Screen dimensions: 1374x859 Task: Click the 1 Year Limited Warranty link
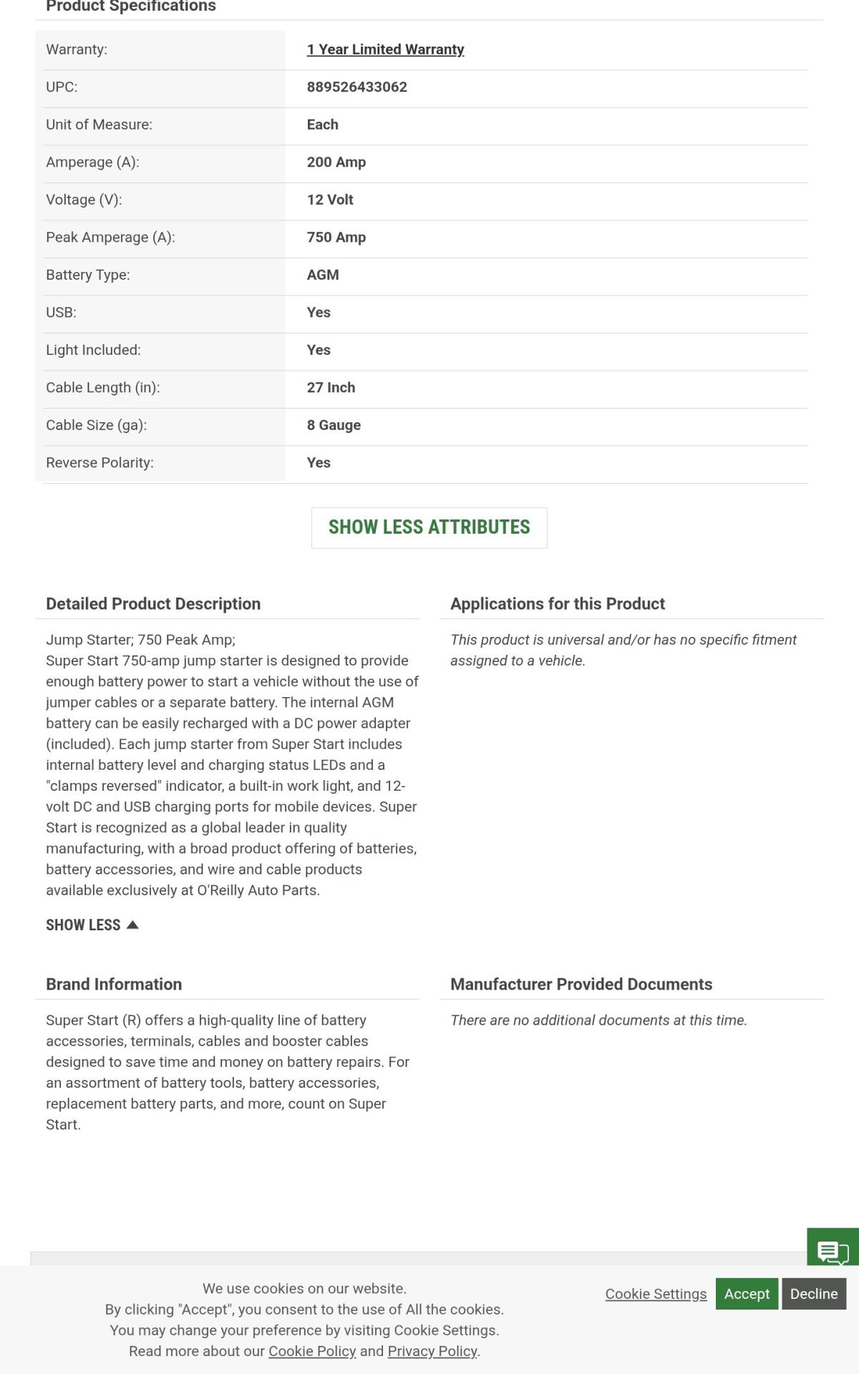tap(385, 49)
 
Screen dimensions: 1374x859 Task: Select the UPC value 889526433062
tap(356, 87)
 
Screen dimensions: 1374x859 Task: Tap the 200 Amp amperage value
tap(336, 162)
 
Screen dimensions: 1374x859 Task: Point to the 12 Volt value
tap(330, 200)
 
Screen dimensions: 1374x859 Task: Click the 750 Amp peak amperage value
tap(336, 238)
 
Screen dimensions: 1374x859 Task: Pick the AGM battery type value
tap(323, 275)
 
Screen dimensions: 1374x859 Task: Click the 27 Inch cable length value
tap(331, 388)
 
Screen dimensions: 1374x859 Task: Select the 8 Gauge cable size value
tap(334, 425)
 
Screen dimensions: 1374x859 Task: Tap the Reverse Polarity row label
tap(100, 463)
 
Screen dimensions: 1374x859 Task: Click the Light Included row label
tap(93, 350)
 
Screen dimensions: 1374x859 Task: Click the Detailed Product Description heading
tap(153, 604)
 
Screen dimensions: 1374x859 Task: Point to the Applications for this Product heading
tap(557, 604)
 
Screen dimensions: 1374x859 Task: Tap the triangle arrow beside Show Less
tap(132, 925)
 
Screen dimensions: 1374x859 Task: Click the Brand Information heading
tap(114, 985)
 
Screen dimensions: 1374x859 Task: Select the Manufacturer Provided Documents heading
tap(581, 985)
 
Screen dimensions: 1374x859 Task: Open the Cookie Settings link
tap(656, 1294)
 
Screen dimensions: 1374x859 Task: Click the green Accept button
tap(747, 1294)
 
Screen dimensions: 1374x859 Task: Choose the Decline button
tap(814, 1294)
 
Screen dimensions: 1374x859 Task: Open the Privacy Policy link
tap(432, 1351)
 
